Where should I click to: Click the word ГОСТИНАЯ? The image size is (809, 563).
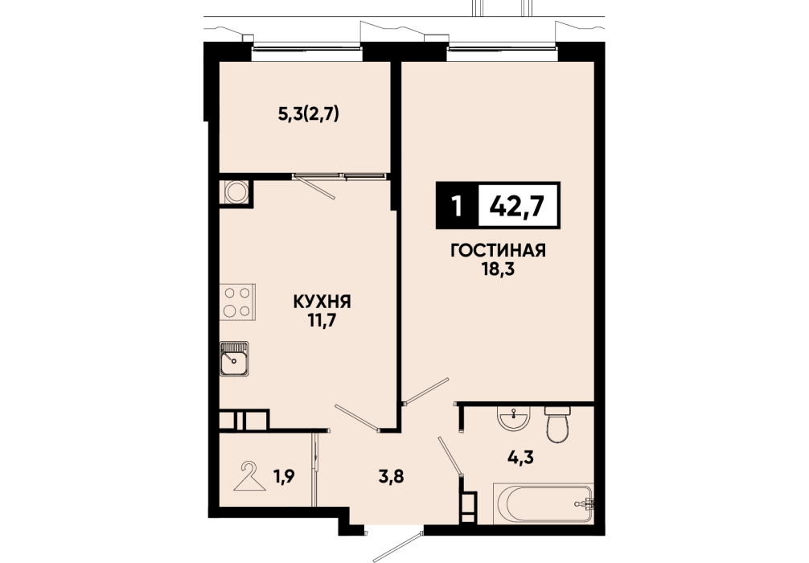[498, 251]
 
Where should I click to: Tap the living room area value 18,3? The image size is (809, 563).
[498, 269]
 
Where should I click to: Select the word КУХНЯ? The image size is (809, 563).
[322, 302]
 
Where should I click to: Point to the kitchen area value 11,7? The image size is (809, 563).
[322, 320]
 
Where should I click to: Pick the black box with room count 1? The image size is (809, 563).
[457, 205]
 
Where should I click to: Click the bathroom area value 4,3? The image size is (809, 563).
[520, 457]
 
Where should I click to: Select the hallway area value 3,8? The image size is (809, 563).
[391, 475]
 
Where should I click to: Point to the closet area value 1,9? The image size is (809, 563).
[284, 477]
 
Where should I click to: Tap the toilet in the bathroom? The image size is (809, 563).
[557, 424]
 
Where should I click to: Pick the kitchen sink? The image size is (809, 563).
[234, 359]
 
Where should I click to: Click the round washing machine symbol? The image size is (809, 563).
[236, 192]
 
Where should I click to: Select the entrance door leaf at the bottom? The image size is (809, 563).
[395, 546]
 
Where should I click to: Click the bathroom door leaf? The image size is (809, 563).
[450, 455]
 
